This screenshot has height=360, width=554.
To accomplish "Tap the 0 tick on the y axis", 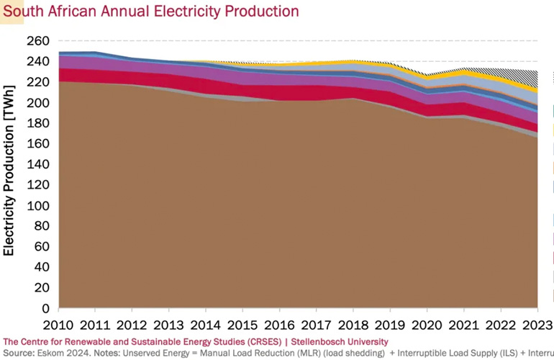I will click(45, 308).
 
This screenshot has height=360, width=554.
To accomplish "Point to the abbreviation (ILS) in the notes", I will click(498, 353).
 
